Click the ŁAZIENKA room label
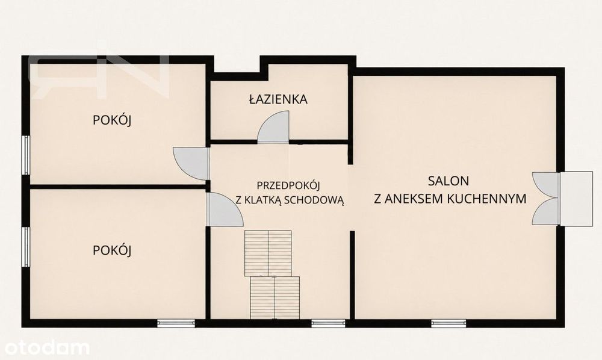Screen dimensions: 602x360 pyautogui.click(x=278, y=99)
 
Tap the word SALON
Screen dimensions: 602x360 pyautogui.click(x=448, y=181)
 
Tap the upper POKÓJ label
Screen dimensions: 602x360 pyautogui.click(x=112, y=120)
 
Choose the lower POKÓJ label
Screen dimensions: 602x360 pyautogui.click(x=112, y=250)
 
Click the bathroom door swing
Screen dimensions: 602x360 pyautogui.click(x=273, y=127)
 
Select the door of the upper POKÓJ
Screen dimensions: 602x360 pyautogui.click(x=191, y=164)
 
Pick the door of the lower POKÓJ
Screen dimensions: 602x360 pyautogui.click(x=224, y=209)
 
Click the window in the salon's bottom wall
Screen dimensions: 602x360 pyautogui.click(x=448, y=323)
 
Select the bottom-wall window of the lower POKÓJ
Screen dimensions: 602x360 pyautogui.click(x=176, y=323)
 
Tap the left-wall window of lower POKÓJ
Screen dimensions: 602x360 pyautogui.click(x=25, y=247)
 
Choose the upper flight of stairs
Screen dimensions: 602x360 pyautogui.click(x=268, y=253)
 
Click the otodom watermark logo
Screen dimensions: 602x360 pyautogui.click(x=45, y=348)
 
